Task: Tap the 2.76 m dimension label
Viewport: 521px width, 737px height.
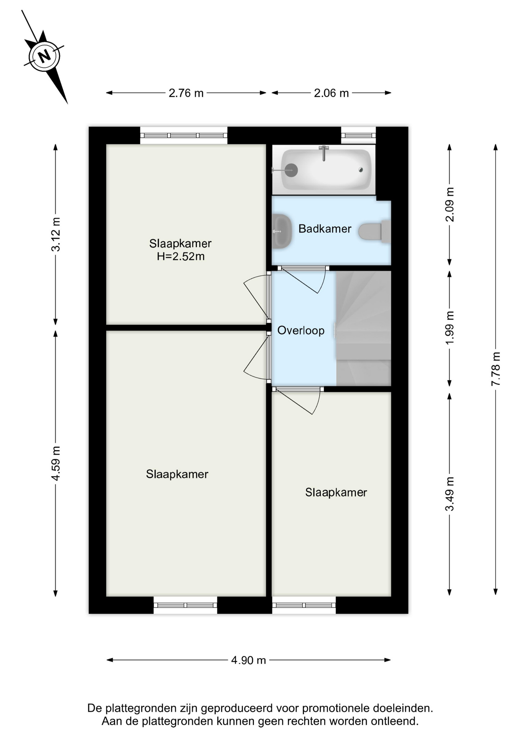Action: click(x=186, y=93)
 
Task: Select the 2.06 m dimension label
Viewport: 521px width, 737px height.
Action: click(x=331, y=93)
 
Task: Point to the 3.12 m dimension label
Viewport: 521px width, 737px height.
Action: click(x=56, y=234)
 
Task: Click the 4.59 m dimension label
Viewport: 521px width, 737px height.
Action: click(x=56, y=463)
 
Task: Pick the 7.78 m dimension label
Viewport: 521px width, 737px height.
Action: click(x=496, y=369)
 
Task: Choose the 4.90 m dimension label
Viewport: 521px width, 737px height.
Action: click(x=248, y=660)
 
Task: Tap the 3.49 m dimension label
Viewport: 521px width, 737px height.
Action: click(x=450, y=494)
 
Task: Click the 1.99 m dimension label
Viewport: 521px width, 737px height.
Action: click(x=450, y=327)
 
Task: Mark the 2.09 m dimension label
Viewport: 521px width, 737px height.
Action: click(x=450, y=204)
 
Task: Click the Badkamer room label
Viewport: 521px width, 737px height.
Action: click(x=325, y=229)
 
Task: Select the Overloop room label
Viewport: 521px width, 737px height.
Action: click(x=301, y=330)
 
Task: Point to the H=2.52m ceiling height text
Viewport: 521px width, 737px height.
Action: click(x=181, y=256)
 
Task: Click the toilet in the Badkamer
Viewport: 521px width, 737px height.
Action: click(x=374, y=231)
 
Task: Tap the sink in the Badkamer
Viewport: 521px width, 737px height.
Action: click(x=282, y=231)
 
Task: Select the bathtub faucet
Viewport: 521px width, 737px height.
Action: click(x=324, y=153)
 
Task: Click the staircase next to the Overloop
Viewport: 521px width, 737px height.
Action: click(x=363, y=328)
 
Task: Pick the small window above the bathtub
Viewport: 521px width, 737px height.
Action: click(x=358, y=135)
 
